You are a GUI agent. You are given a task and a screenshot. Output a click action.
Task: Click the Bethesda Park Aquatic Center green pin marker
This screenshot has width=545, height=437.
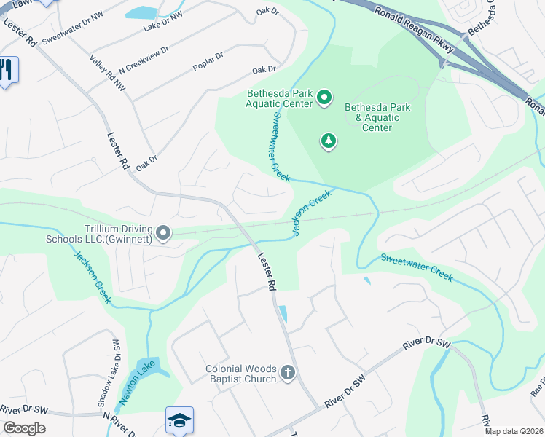pos(325,97)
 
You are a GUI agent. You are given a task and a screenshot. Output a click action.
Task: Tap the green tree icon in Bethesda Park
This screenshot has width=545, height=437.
pos(329,141)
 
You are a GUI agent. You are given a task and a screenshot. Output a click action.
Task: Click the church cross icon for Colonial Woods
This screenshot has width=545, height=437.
pos(288,374)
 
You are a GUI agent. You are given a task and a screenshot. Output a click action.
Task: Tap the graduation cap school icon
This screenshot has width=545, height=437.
pos(179,420)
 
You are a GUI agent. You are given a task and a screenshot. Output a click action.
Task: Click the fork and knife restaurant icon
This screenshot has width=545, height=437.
pos(7,71)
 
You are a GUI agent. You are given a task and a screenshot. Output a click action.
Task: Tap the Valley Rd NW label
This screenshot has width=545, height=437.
pos(106,74)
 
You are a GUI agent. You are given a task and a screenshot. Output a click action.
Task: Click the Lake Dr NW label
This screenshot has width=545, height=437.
pos(163,22)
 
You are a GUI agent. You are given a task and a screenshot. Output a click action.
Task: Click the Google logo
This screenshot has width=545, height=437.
pos(24,428)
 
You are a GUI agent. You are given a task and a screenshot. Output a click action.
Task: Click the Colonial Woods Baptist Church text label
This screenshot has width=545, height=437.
pos(232,373)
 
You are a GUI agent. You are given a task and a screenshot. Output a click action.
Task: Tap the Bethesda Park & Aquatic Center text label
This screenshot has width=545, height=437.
pos(377,117)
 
